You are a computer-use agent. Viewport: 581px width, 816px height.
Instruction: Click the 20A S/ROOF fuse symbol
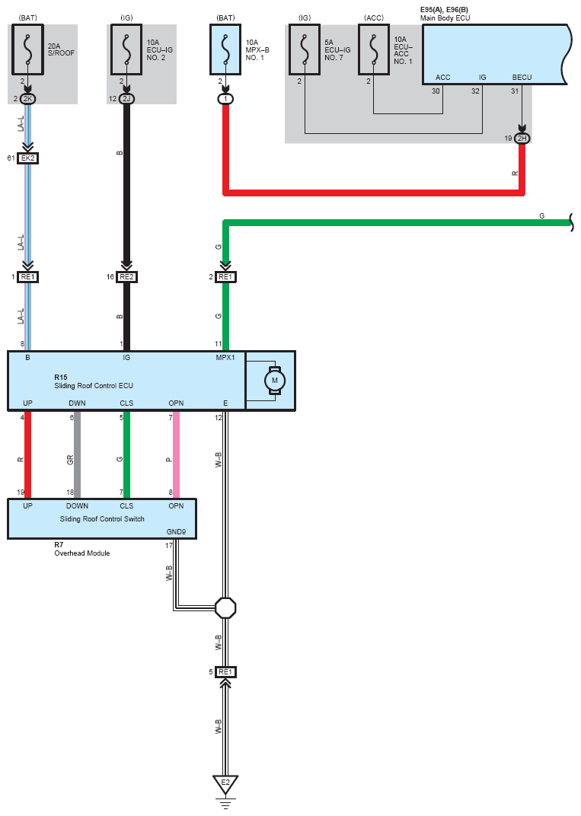[27, 49]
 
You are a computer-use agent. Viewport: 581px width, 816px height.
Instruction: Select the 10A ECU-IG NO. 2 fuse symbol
[126, 49]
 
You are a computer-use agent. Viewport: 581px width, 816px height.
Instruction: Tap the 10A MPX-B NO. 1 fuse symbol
[225, 49]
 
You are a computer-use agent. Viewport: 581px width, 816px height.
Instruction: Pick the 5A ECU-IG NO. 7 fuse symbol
[305, 49]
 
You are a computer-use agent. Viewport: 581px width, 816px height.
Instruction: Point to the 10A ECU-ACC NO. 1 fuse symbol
[374, 49]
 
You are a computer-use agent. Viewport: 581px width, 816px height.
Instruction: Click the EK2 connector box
[27, 158]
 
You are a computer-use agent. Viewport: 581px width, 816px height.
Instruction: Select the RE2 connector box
[126, 277]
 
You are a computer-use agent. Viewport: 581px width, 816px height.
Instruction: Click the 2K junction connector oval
[27, 98]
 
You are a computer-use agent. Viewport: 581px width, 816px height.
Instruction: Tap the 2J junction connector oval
[126, 98]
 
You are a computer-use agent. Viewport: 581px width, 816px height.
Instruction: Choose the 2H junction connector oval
[522, 139]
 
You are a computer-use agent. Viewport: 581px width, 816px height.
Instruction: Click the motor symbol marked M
[274, 381]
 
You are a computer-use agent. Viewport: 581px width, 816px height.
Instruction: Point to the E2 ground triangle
[225, 784]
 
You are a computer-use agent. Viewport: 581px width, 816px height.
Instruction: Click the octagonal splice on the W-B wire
[225, 608]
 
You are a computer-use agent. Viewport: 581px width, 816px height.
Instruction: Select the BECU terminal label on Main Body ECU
[522, 78]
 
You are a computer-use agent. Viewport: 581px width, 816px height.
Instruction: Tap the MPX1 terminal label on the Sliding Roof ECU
[225, 358]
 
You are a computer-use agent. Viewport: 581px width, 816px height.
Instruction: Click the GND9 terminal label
[176, 532]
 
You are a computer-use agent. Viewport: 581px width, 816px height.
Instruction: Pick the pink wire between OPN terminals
[176, 455]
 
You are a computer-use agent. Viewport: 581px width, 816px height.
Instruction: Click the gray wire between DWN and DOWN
[77, 455]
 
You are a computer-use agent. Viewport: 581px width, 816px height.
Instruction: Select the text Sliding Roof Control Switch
[102, 519]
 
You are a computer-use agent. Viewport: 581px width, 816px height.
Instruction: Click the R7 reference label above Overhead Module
[59, 545]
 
